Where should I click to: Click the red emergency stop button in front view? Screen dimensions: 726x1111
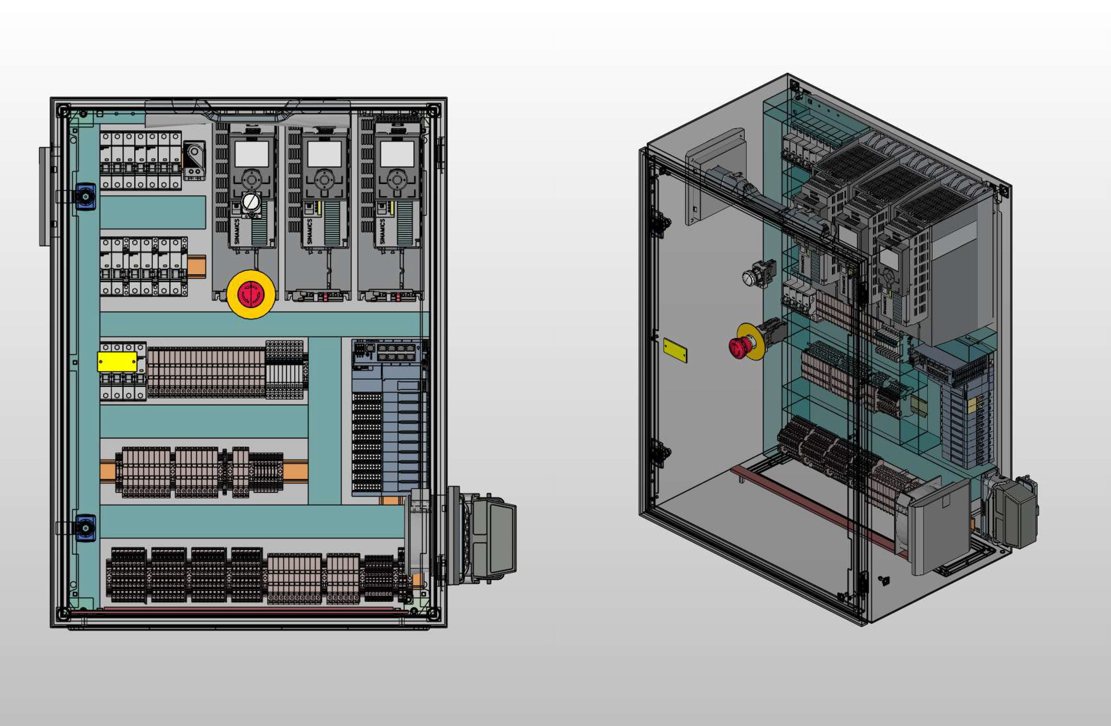[x=251, y=295]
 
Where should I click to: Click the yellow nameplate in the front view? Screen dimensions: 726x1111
[x=117, y=362]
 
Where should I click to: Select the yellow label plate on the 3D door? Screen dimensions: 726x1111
[x=675, y=351]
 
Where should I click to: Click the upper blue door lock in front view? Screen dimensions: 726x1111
[x=86, y=197]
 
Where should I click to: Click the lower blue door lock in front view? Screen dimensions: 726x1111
[x=86, y=528]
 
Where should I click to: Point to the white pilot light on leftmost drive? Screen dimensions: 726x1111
[x=251, y=202]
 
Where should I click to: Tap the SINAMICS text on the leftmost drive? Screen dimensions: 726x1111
[x=237, y=231]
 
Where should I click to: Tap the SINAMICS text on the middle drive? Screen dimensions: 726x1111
[x=309, y=231]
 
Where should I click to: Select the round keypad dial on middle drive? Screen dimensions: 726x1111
[x=324, y=179]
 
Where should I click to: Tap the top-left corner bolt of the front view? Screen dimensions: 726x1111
[x=63, y=111]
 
